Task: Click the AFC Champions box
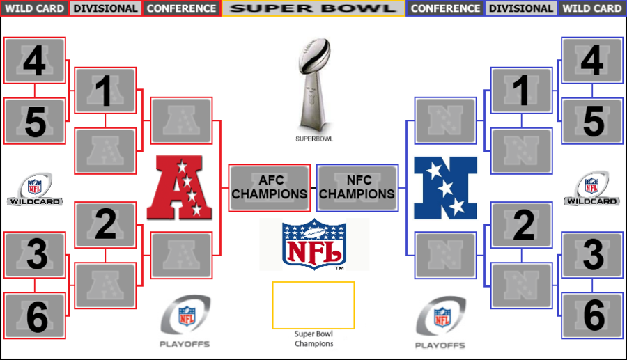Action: pyautogui.click(x=269, y=188)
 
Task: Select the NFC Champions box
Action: pyautogui.click(x=357, y=188)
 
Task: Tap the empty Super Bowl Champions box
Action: pyautogui.click(x=313, y=305)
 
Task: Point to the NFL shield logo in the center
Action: pyautogui.click(x=314, y=244)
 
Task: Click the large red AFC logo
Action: pyautogui.click(x=180, y=187)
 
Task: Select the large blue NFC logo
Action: pyautogui.click(x=445, y=188)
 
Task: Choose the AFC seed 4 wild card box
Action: pyautogui.click(x=34, y=61)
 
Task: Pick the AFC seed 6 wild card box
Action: pyautogui.click(x=34, y=315)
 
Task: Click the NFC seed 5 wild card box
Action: pyautogui.click(x=592, y=121)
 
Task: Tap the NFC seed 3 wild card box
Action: pyautogui.click(x=592, y=255)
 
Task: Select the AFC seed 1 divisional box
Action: pyautogui.click(x=106, y=91)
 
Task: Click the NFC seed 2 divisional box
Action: pyautogui.click(x=521, y=225)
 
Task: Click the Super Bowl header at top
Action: pyautogui.click(x=313, y=8)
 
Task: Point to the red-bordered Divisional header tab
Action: pyautogui.click(x=106, y=8)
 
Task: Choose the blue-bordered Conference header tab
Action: pyautogui.click(x=445, y=8)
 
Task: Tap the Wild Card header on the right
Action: pyautogui.click(x=591, y=8)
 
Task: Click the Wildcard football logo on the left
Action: pyautogui.click(x=35, y=189)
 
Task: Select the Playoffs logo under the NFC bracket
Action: pyautogui.click(x=441, y=322)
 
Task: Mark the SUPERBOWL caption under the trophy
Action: pyautogui.click(x=314, y=139)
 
